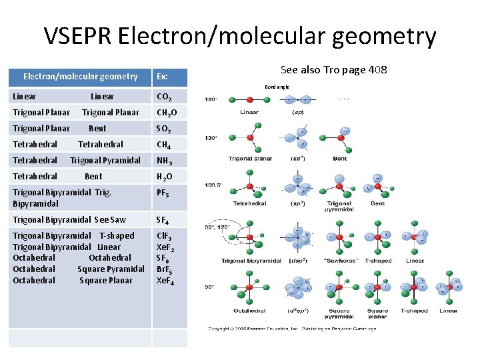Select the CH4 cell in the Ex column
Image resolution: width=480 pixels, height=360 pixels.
tap(163, 145)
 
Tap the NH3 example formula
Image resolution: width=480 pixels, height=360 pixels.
tap(164, 161)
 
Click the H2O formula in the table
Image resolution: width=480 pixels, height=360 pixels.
tap(164, 177)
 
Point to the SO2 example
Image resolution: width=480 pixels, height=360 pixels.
tap(163, 129)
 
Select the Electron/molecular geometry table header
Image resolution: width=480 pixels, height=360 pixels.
tap(80, 77)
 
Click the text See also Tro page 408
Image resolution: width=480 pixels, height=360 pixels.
tap(333, 70)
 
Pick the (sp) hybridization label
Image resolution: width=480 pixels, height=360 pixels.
tap(298, 112)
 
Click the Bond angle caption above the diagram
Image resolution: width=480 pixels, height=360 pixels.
tap(277, 87)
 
